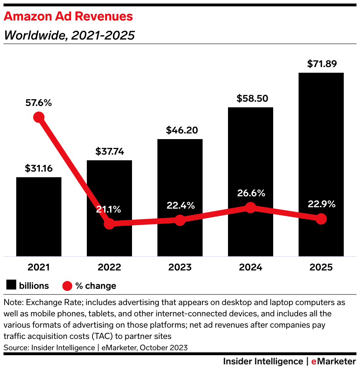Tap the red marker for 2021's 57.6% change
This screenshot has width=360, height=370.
39,117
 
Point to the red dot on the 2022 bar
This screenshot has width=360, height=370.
109,223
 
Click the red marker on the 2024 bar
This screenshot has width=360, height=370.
250,207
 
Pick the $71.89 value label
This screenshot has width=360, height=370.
322,64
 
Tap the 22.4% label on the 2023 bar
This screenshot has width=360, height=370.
180,205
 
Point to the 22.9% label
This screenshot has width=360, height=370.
321,204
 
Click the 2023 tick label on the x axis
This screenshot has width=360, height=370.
180,267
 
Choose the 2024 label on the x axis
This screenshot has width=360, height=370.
251,267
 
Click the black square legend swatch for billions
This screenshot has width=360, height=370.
12,285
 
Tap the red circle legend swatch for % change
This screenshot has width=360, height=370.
67,286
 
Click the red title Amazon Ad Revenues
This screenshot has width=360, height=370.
68,16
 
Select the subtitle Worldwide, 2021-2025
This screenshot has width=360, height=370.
69,35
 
